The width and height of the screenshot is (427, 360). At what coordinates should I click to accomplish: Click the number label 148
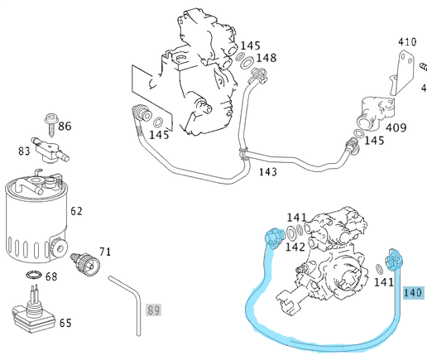click(x=266, y=58)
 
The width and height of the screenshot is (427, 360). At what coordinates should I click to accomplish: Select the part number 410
click(x=406, y=41)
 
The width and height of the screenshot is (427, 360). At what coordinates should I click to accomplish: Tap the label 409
click(x=396, y=127)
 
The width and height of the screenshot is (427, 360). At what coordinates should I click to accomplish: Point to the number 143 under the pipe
click(x=267, y=171)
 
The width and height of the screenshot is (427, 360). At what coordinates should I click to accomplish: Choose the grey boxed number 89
click(x=153, y=310)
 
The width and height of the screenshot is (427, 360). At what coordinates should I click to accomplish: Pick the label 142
click(x=295, y=247)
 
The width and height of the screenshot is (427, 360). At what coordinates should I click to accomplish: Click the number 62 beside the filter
click(x=76, y=211)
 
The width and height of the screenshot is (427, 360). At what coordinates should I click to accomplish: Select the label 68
click(x=50, y=276)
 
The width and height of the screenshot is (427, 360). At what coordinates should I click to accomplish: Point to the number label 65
click(x=64, y=324)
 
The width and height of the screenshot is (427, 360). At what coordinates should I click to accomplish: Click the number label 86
click(x=65, y=126)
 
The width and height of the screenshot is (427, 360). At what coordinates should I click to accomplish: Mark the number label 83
click(x=25, y=151)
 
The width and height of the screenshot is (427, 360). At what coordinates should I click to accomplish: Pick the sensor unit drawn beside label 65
click(x=31, y=315)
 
